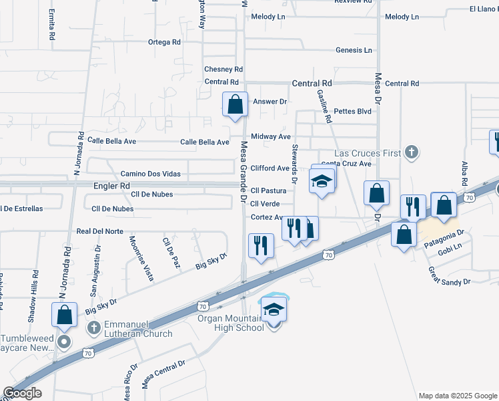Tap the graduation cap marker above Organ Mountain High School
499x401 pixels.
click(x=274, y=310)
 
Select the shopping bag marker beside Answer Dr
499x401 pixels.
click(x=235, y=105)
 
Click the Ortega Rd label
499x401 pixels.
click(x=164, y=41)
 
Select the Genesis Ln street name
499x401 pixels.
click(x=354, y=50)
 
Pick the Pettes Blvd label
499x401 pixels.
click(x=352, y=111)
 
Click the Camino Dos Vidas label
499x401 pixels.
click(x=150, y=173)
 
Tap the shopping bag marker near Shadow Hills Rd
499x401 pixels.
click(x=64, y=315)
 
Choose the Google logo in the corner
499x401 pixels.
click(x=22, y=393)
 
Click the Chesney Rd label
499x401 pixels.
click(x=223, y=69)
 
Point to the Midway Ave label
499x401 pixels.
click(x=271, y=136)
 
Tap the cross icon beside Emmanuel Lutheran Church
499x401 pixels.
click(x=94, y=327)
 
